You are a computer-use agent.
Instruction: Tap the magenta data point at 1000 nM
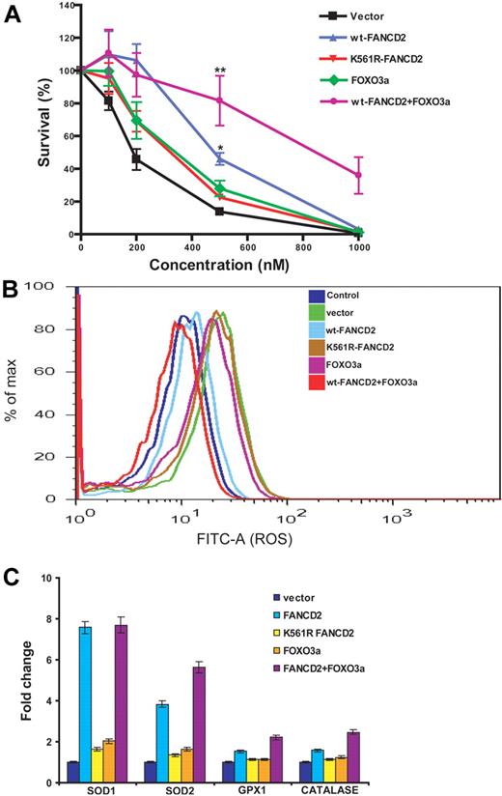click(x=359, y=175)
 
